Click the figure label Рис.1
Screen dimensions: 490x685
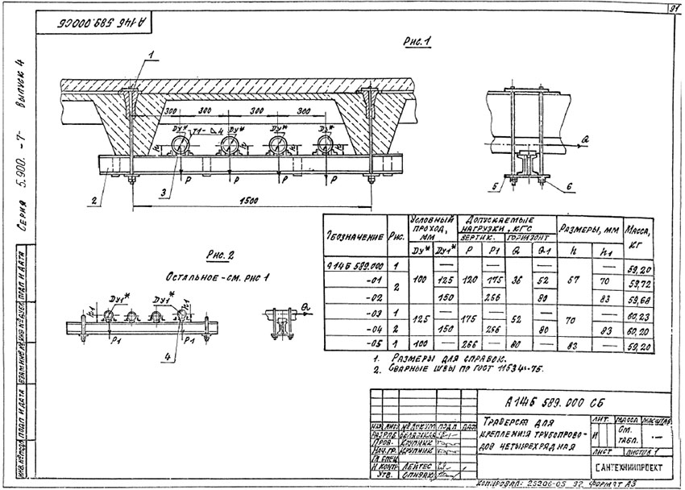click(418, 44)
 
